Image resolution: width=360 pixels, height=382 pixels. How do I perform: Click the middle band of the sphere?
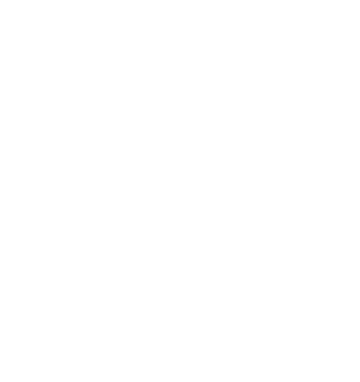pos(180,263)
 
